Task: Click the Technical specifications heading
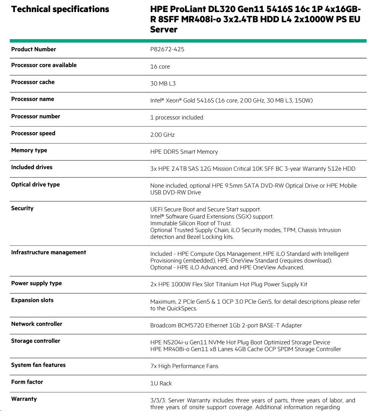60,9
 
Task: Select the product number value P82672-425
167,49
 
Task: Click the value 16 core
160,67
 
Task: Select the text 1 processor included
176,118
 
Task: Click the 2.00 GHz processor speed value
162,135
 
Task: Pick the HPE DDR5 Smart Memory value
184,152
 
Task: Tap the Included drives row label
32,167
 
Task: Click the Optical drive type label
35,185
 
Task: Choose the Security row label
22,208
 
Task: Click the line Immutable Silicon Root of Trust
191,223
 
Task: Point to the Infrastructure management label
49,252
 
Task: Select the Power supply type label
36,283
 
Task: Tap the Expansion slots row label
32,300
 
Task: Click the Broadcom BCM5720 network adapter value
226,325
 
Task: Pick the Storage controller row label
36,341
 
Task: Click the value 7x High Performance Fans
184,366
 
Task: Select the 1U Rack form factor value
161,383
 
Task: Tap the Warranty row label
24,399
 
